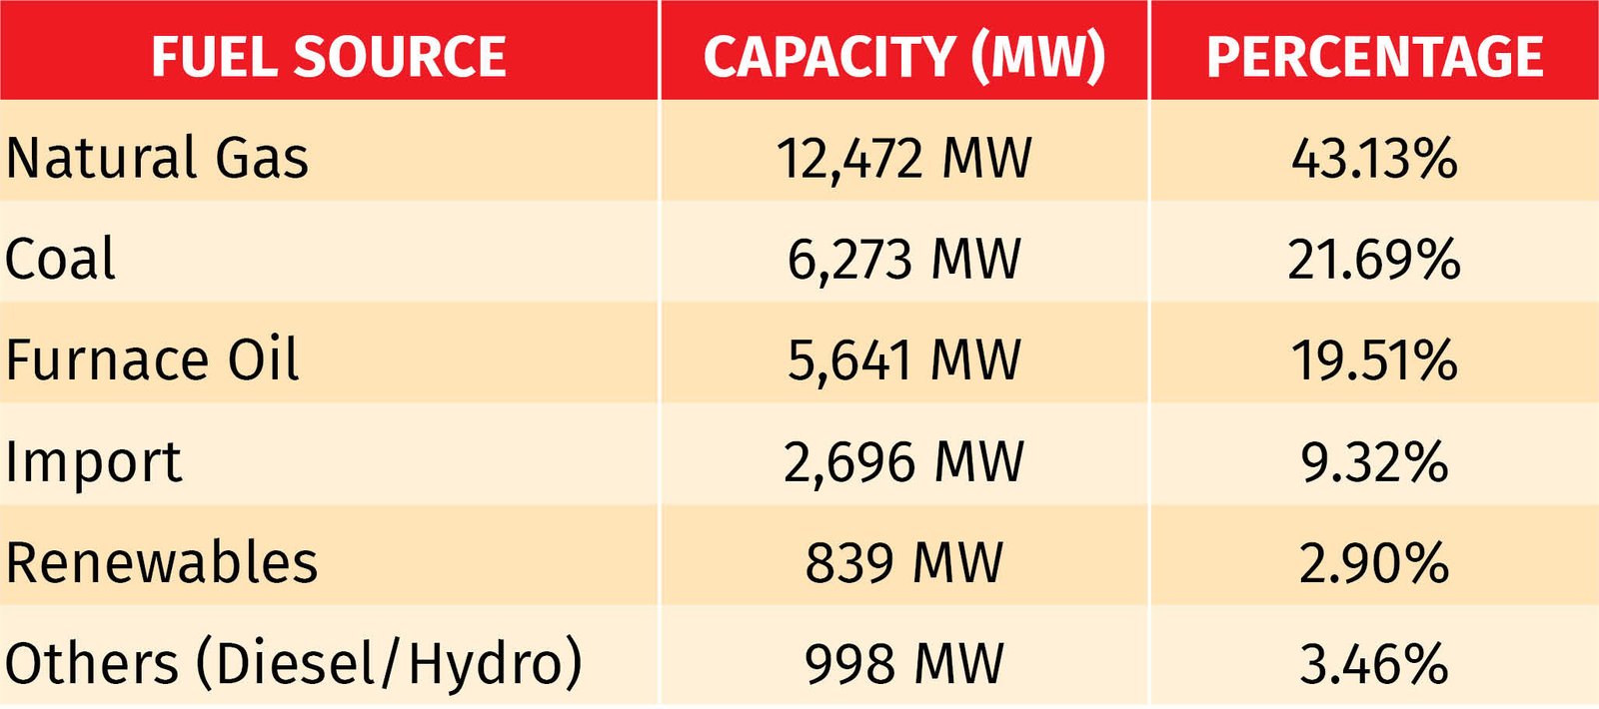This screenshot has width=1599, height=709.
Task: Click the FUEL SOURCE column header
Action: pyautogui.click(x=329, y=56)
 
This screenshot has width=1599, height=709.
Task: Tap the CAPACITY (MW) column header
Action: pyautogui.click(x=903, y=56)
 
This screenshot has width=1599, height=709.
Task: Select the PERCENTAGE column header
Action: pyautogui.click(x=1374, y=56)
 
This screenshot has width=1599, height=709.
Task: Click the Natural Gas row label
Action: pyautogui.click(x=157, y=158)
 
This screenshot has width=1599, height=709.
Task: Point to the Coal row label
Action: pyautogui.click(x=60, y=259)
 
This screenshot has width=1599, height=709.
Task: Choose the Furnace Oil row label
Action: pyautogui.click(x=152, y=359)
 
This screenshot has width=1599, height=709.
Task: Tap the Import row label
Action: pyautogui.click(x=93, y=461)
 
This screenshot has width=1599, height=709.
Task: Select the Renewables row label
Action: pyautogui.click(x=162, y=562)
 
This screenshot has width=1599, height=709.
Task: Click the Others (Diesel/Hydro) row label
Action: pyautogui.click(x=293, y=663)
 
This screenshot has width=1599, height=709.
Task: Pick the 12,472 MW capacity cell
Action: pyautogui.click(x=903, y=158)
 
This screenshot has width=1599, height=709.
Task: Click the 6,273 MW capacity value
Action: pyautogui.click(x=903, y=259)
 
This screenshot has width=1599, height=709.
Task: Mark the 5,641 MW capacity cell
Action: pyautogui.click(x=903, y=359)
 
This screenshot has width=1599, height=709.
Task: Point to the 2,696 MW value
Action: pyautogui.click(x=903, y=461)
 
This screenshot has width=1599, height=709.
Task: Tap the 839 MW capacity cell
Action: pyautogui.click(x=903, y=562)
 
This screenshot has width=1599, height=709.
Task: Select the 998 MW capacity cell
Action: pyautogui.click(x=903, y=663)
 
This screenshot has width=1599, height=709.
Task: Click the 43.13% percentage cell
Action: pyautogui.click(x=1374, y=158)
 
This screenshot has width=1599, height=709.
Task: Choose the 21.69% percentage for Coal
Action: pyautogui.click(x=1374, y=259)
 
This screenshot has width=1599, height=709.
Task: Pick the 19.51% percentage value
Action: pyautogui.click(x=1374, y=359)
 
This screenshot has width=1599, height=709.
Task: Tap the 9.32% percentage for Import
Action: pyautogui.click(x=1374, y=461)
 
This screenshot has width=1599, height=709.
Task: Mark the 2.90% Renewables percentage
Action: pyautogui.click(x=1374, y=562)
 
